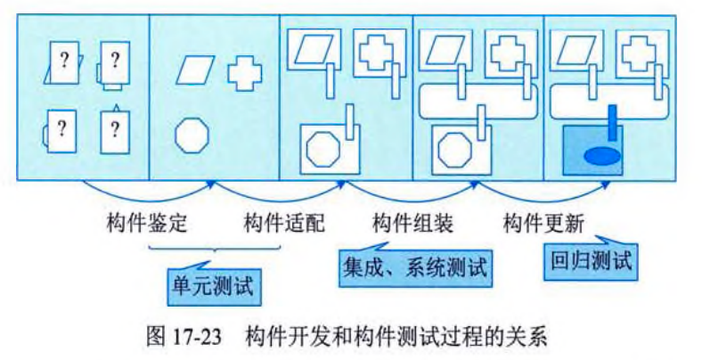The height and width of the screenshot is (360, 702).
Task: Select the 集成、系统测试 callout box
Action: (415, 266)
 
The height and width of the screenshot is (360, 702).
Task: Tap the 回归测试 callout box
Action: (591, 262)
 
